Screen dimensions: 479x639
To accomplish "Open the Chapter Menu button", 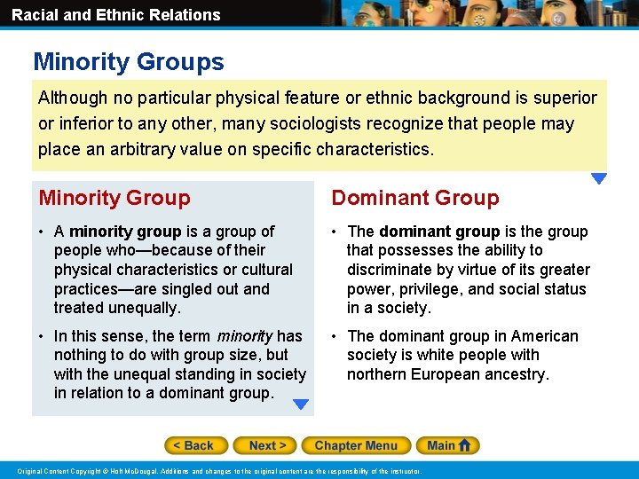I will pyautogui.click(x=355, y=445).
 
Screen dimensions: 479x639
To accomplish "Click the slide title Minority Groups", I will pyautogui.click(x=129, y=62).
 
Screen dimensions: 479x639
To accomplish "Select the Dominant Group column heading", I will pyautogui.click(x=415, y=198).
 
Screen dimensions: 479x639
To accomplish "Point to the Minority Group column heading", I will pyautogui.click(x=114, y=198).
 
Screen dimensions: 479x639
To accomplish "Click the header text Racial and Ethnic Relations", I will pyautogui.click(x=116, y=14).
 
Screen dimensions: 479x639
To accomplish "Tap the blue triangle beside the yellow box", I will pyautogui.click(x=599, y=178).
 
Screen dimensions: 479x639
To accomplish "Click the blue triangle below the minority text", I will pyautogui.click(x=301, y=404).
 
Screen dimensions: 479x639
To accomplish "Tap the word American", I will pyautogui.click(x=542, y=336).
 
